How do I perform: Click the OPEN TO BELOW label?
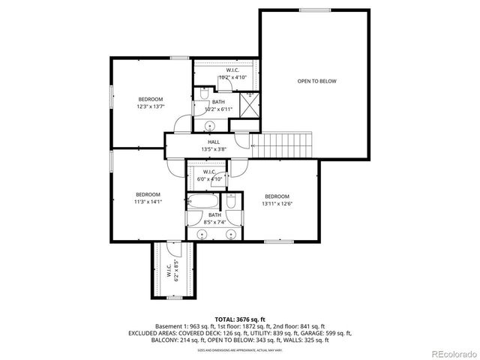316,81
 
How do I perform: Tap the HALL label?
213,141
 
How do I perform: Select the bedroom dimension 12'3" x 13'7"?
150,106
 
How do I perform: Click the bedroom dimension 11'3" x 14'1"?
148,202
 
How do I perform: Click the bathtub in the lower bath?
202,202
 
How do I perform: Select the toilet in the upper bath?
202,95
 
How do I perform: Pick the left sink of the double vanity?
201,234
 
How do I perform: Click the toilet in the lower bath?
232,202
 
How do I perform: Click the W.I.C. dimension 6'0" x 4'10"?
209,179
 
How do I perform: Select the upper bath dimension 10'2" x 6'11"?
218,109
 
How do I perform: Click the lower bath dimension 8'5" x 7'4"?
215,222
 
